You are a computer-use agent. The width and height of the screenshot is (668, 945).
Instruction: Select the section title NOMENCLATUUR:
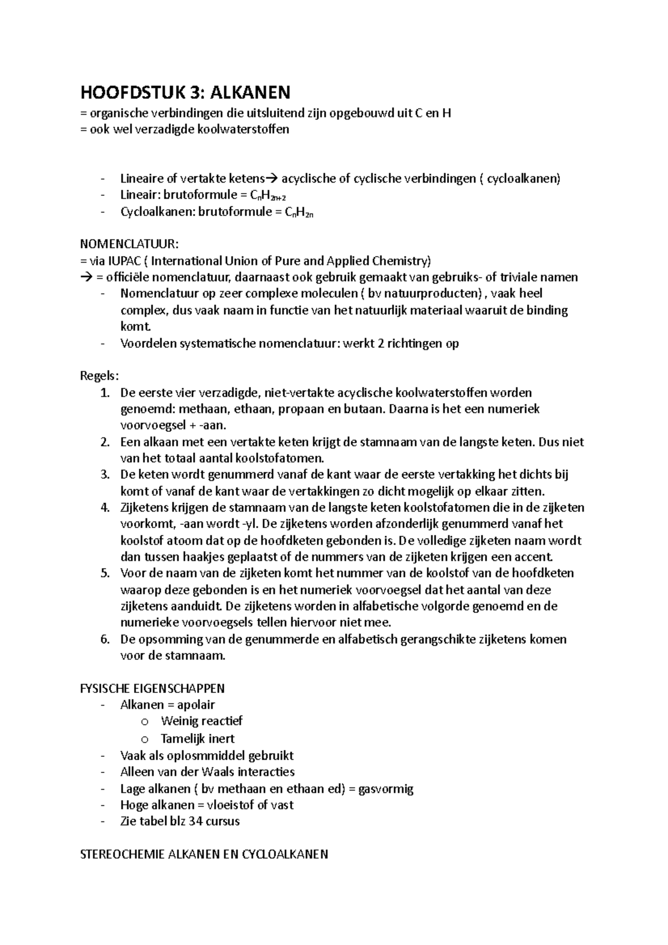[130, 244]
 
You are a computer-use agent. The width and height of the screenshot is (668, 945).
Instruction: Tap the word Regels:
[100, 376]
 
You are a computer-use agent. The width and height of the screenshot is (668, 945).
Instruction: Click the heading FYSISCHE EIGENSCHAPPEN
[153, 688]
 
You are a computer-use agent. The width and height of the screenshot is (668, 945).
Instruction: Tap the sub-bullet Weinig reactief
[202, 721]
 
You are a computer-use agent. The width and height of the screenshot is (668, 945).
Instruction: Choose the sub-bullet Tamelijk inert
[198, 739]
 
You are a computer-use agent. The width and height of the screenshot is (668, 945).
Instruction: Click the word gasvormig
[386, 789]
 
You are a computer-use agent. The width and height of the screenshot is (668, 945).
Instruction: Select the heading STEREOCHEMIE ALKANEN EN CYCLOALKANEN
[204, 854]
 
